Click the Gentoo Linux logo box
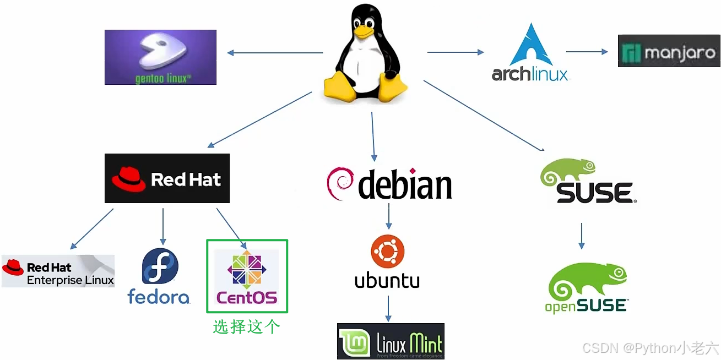click(160, 57)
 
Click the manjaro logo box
click(669, 51)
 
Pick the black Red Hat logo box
click(167, 178)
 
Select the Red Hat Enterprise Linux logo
click(58, 271)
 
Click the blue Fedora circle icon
click(160, 266)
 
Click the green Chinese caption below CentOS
click(246, 326)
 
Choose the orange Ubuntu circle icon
click(387, 252)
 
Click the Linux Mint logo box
click(390, 341)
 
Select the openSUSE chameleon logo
click(587, 286)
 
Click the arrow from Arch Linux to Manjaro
click(587, 52)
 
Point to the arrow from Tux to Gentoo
click(275, 53)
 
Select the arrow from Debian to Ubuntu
click(388, 216)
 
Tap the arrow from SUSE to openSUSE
click(581, 236)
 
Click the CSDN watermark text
click(650, 348)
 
